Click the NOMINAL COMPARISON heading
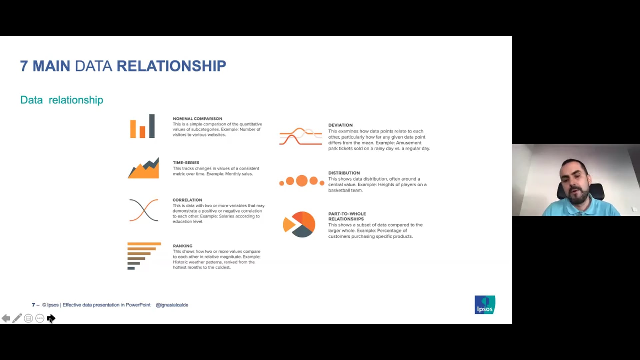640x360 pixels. pos(197,119)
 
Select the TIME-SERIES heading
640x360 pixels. pos(186,163)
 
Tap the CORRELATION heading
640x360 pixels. pos(187,200)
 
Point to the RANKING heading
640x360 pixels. pos(182,246)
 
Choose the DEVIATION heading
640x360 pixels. pos(340,125)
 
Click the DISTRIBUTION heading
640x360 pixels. pos(344,173)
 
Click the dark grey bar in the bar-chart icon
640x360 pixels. pos(152,126)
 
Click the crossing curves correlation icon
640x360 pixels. pos(144,210)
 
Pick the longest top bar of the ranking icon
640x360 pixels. pos(144,244)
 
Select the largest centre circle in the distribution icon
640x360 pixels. pos(302,181)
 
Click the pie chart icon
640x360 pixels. pos(299,224)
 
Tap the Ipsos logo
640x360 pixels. pos(485,305)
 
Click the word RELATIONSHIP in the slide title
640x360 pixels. pos(171,66)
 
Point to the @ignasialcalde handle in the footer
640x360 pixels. pos(172,305)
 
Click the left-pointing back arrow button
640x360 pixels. pos(6,318)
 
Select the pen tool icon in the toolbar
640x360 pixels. pos(17,318)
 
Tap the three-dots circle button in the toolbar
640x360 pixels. pos(40,318)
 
